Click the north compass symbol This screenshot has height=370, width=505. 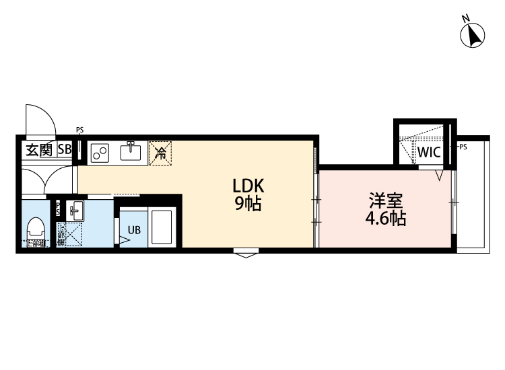click(473, 34)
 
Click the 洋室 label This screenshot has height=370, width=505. click(385, 201)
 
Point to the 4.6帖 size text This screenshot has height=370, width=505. click(385, 219)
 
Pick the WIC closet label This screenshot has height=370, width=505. click(428, 152)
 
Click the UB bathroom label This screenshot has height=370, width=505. click(135, 229)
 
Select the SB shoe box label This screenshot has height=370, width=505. click(65, 150)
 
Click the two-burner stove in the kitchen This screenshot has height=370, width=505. click(101, 153)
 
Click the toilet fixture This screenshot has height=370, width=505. click(35, 232)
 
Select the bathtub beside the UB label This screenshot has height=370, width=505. click(162, 227)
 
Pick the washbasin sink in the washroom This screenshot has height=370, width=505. click(75, 211)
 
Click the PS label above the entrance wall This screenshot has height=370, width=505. click(79, 130)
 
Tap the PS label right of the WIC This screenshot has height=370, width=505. click(463, 146)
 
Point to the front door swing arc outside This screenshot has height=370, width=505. click(40, 121)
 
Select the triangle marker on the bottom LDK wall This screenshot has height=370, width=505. click(246, 254)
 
